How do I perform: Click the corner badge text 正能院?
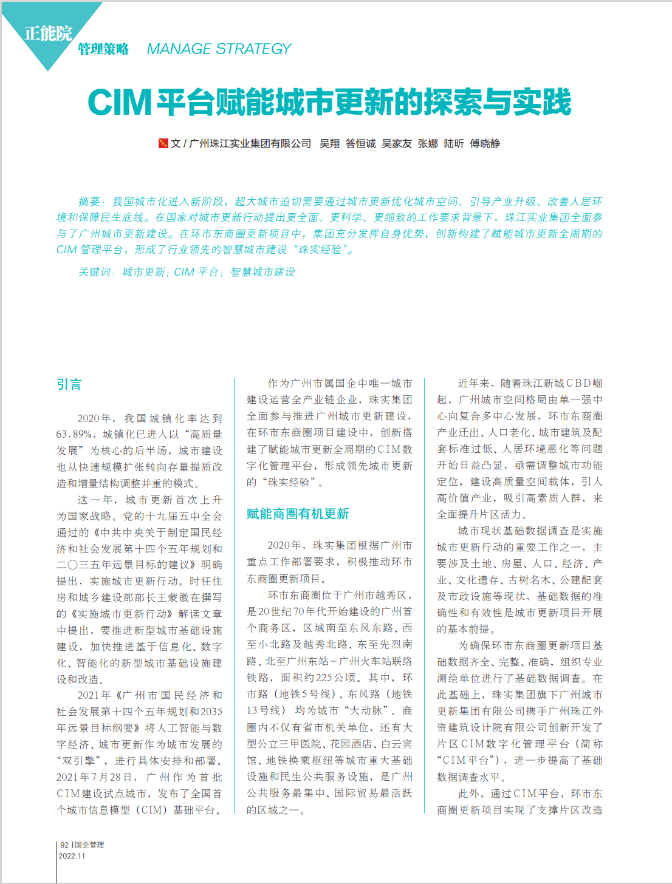coord(48,33)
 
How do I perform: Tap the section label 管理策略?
coord(103,49)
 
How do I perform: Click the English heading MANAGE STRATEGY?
coord(219,49)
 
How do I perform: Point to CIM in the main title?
coord(120,102)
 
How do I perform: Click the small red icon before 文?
coord(163,143)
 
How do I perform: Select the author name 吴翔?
coord(330,143)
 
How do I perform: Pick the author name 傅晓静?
coord(485,143)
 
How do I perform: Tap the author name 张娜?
coord(428,143)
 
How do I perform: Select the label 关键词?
coord(95,272)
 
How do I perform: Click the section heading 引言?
coord(69,384)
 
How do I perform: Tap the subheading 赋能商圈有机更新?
coord(298,514)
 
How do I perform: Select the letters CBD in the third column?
coord(578,383)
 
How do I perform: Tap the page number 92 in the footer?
coord(64,845)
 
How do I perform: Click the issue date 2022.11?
coord(72,856)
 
